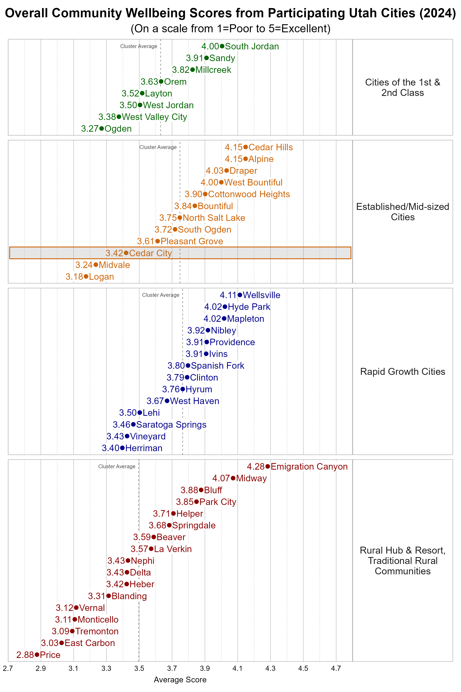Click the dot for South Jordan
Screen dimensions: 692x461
tap(222, 46)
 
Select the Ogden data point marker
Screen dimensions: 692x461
tap(101, 129)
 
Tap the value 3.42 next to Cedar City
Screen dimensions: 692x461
tap(114, 253)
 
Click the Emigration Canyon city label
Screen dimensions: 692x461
tap(309, 467)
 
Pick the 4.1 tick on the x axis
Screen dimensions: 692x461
tap(238, 668)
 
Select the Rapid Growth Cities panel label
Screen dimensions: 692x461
tap(402, 372)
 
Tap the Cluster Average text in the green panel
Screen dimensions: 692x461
tap(138, 46)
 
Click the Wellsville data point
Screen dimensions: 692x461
tap(240, 295)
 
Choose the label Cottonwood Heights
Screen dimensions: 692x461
tap(249, 194)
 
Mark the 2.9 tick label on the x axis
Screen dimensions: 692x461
tap(41, 668)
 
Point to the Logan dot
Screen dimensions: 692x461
tap(86, 277)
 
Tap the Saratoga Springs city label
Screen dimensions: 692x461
tap(171, 425)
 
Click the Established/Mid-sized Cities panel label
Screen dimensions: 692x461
tap(402, 212)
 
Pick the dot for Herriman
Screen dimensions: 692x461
tap(122, 448)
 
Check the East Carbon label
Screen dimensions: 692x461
tap(90, 643)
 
